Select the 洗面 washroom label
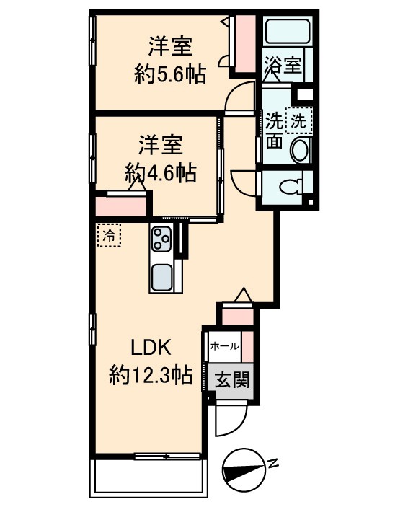coord(274,130)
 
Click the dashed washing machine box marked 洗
coord(297,120)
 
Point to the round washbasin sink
coord(299,151)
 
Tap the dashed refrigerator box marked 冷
coord(109,236)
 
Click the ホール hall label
coord(224,346)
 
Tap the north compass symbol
coord(243,466)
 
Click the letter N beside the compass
coord(272,464)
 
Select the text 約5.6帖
coord(169,73)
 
